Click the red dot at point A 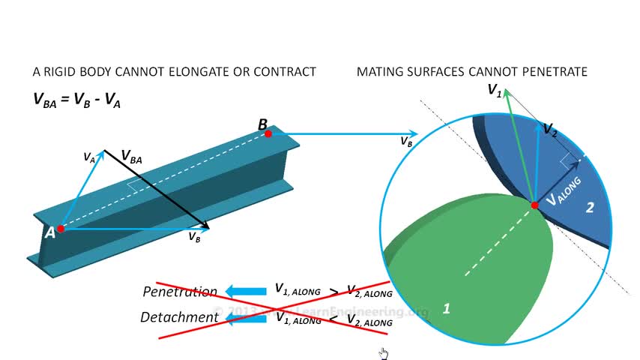[61, 229]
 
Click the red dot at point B [268, 133]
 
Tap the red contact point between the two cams [534, 205]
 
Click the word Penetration [180, 291]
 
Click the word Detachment [180, 317]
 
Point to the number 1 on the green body [447, 308]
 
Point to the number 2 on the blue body [589, 208]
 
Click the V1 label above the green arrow [495, 91]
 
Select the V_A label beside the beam [89, 157]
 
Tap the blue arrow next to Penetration [247, 291]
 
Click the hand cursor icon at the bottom [384, 353]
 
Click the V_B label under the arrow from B [405, 141]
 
